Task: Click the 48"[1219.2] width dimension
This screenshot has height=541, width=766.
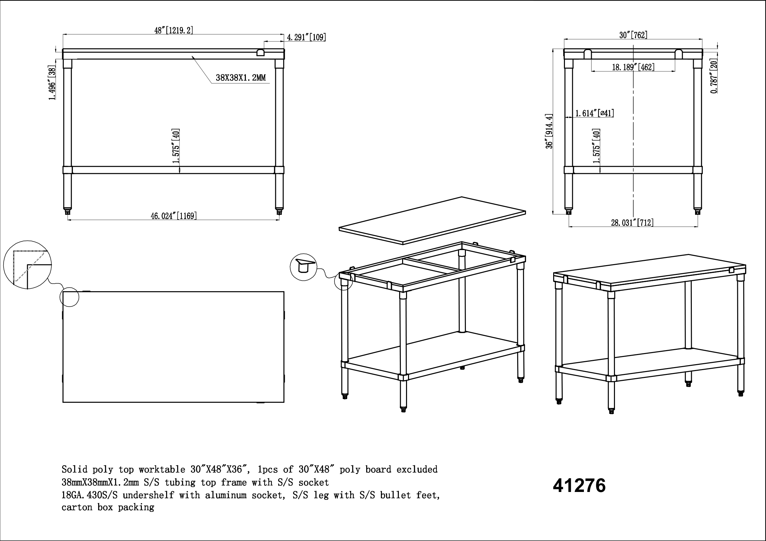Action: pyautogui.click(x=174, y=30)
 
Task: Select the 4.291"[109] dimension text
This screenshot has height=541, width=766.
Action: pyautogui.click(x=306, y=37)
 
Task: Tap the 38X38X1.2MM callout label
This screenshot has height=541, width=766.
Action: pyautogui.click(x=241, y=78)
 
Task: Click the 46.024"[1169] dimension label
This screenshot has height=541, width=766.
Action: pyautogui.click(x=174, y=216)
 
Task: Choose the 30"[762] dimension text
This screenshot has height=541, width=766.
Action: pyautogui.click(x=633, y=35)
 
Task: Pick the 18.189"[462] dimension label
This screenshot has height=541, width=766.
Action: pyautogui.click(x=633, y=67)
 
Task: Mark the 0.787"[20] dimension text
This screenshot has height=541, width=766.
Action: pyautogui.click(x=714, y=77)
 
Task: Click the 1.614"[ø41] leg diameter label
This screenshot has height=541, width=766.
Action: pyautogui.click(x=594, y=113)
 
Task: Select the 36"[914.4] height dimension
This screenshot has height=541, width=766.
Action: pyautogui.click(x=549, y=131)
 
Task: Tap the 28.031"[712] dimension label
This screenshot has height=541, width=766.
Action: pyautogui.click(x=632, y=223)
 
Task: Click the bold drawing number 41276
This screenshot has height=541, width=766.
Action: pyautogui.click(x=579, y=485)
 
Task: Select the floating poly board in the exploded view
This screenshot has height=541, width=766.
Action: pyautogui.click(x=433, y=220)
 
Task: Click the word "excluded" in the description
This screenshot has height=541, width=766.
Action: pyautogui.click(x=417, y=470)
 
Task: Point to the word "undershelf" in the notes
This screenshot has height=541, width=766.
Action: pyautogui.click(x=148, y=495)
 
